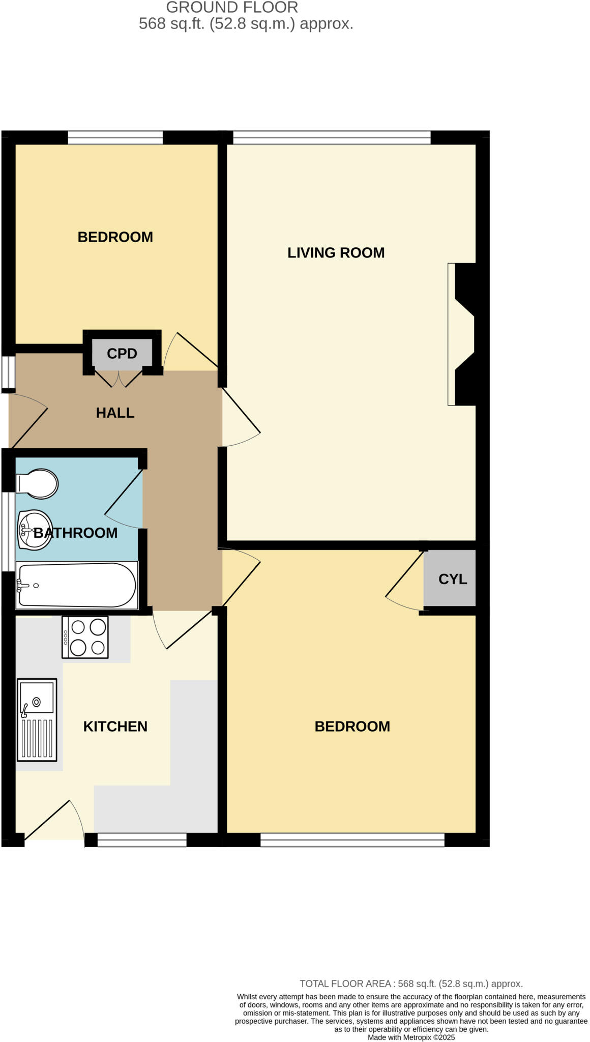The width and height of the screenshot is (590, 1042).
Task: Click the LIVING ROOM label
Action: point(336,253)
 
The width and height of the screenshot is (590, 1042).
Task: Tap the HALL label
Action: point(115,413)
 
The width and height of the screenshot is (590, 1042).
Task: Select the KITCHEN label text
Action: point(115,727)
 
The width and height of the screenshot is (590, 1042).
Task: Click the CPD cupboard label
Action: point(122,354)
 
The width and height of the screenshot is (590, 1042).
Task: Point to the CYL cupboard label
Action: point(452,580)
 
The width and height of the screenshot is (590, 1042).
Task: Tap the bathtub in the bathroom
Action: point(77,585)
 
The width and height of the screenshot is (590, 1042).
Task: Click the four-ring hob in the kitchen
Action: point(85,638)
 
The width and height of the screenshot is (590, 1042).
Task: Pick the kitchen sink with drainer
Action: point(37,720)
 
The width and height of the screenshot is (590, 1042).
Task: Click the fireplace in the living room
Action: point(463,334)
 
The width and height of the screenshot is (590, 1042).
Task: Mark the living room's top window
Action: point(332,137)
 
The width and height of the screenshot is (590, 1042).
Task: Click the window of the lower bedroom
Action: point(352,840)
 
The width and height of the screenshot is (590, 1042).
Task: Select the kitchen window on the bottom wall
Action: point(142,840)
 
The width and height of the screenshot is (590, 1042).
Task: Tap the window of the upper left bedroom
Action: point(115,137)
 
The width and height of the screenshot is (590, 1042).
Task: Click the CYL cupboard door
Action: point(404,580)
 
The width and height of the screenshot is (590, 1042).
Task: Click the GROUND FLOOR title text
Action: point(232,8)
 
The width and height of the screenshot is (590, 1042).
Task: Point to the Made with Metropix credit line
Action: point(411,1037)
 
